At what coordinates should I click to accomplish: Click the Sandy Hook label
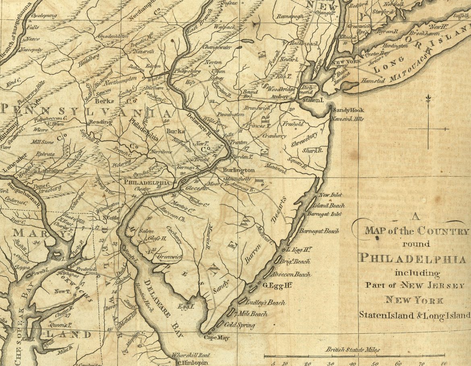click(x=348, y=110)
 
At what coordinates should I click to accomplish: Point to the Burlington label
click(x=239, y=170)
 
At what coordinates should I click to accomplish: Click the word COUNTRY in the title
click(x=443, y=231)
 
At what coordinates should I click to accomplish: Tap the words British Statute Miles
click(x=353, y=350)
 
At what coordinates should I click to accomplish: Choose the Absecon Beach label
click(x=291, y=275)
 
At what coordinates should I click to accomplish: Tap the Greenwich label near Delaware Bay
click(x=169, y=256)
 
